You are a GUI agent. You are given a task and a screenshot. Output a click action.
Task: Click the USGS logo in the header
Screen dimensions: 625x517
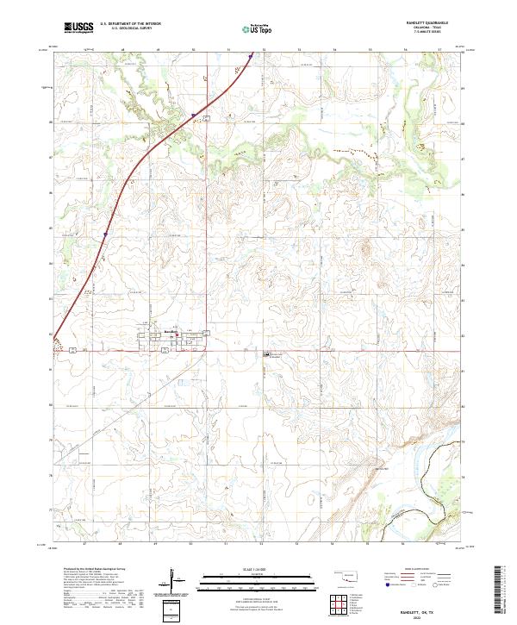coord(78,28)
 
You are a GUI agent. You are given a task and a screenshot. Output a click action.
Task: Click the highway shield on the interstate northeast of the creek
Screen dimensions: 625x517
coord(194,115)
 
